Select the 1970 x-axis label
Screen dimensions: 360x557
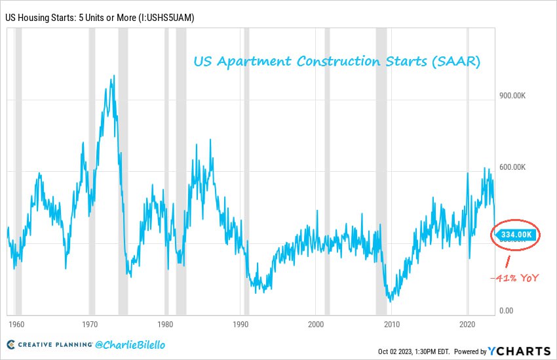click(90, 325)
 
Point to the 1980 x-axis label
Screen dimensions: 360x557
click(166, 325)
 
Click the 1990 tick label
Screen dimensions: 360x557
click(241, 325)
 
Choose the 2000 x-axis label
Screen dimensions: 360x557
click(317, 325)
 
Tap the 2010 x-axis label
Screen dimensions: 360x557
click(392, 325)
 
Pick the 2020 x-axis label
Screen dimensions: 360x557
click(467, 325)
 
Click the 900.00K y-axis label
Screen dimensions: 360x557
click(513, 96)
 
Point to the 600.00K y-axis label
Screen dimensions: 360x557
click(513, 167)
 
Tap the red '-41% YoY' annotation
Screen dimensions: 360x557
click(515, 278)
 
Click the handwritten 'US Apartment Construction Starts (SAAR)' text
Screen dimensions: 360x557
click(337, 62)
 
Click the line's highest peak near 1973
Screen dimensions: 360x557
click(113, 75)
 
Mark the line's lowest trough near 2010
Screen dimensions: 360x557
click(391, 301)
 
